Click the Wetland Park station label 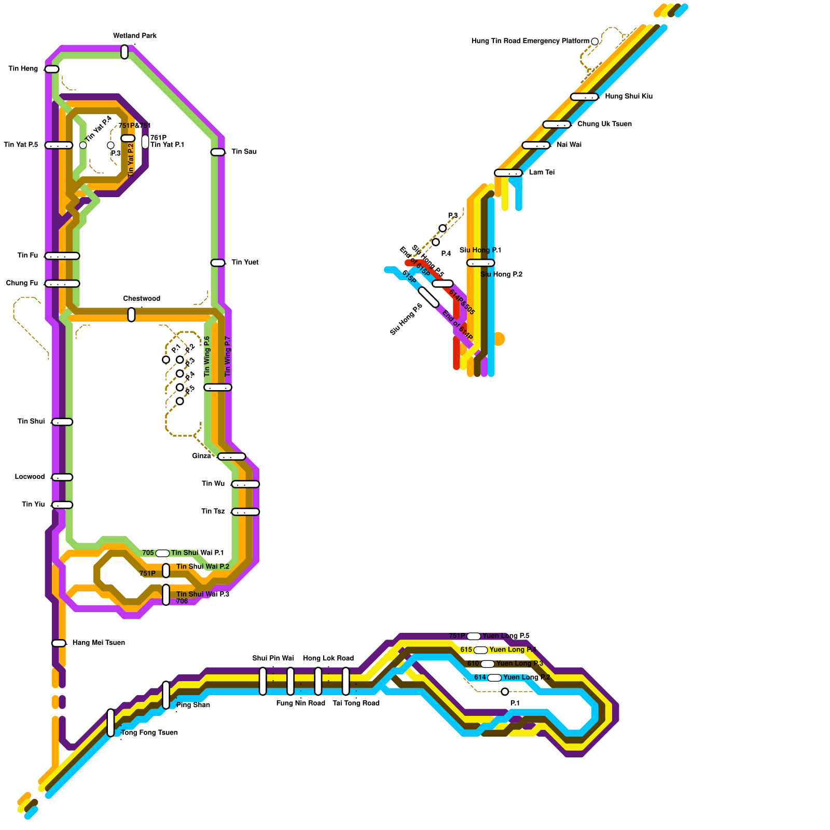click(134, 36)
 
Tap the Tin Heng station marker click(52, 69)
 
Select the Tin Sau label click(244, 151)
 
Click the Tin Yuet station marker click(218, 263)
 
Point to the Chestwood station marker click(131, 315)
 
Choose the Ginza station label click(201, 456)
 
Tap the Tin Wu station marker click(245, 484)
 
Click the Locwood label click(30, 477)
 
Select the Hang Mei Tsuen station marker click(59, 643)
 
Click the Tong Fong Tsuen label click(149, 732)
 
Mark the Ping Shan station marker click(166, 695)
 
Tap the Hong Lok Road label click(328, 658)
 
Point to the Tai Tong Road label click(356, 703)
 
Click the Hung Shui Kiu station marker click(584, 97)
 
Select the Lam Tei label click(542, 172)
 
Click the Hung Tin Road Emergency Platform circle click(595, 41)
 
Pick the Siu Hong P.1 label click(480, 250)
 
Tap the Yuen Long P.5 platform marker click(474, 636)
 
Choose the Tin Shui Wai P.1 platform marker click(162, 553)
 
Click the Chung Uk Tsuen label click(604, 124)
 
